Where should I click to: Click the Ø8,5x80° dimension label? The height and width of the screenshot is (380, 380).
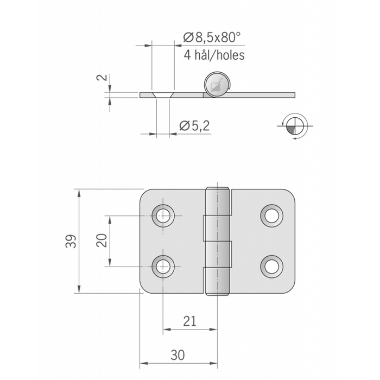coord(212,37)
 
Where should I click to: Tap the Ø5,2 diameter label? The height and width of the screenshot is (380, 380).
coord(194,126)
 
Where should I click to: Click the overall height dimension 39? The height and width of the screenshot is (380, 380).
coord(71,242)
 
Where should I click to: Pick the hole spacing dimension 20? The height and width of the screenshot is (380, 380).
coord(101,241)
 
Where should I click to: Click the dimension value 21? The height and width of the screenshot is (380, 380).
coord(189,321)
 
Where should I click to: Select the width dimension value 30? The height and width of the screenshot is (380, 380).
coord(178,355)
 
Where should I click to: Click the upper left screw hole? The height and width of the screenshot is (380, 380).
coord(163,216)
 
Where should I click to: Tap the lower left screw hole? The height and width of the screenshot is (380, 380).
coord(163,266)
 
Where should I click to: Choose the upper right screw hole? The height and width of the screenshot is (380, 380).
coord(271,216)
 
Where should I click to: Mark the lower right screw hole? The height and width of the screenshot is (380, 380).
coord(271,266)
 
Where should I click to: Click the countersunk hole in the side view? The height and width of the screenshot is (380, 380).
coord(163,95)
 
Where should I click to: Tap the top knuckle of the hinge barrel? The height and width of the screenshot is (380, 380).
coord(217,201)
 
